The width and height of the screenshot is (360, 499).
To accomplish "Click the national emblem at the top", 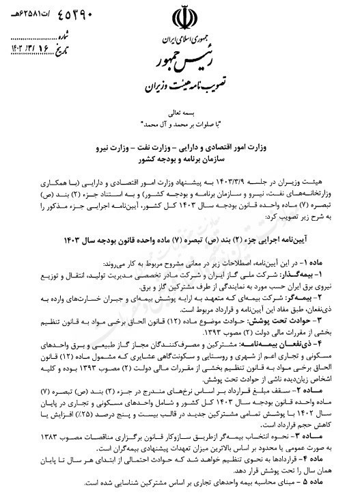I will [x=181, y=18].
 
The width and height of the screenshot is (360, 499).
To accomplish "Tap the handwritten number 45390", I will [x=48, y=12].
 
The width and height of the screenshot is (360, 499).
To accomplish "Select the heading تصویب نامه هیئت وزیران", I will [x=181, y=87].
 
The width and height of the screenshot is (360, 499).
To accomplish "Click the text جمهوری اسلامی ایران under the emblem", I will [x=180, y=42].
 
